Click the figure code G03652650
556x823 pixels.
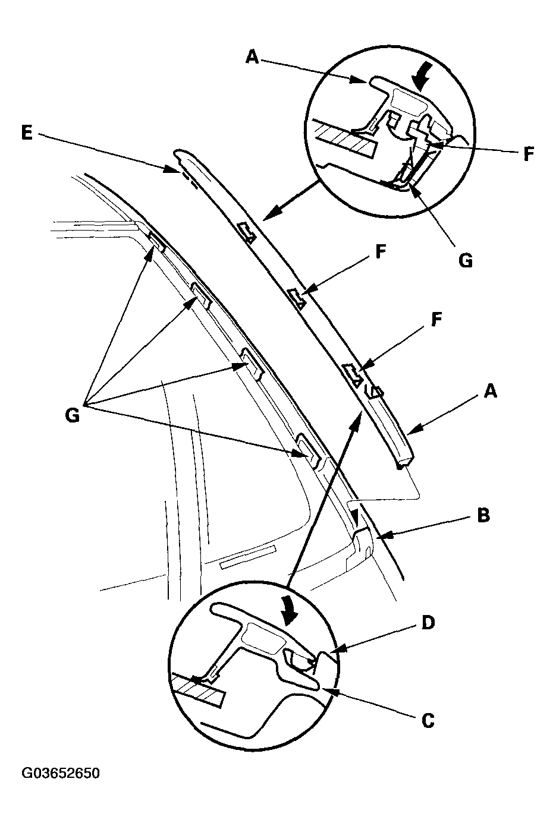click(x=61, y=773)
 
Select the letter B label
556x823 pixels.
click(x=483, y=515)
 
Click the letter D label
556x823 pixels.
click(x=428, y=623)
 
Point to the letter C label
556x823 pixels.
click(x=428, y=720)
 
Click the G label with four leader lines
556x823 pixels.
click(x=72, y=415)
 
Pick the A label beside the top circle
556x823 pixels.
click(x=252, y=57)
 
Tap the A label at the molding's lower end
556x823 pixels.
click(x=491, y=390)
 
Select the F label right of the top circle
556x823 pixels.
click(x=528, y=154)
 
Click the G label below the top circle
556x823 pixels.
click(x=466, y=260)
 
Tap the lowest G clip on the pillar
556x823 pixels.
click(x=309, y=447)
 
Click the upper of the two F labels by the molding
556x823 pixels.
click(x=380, y=252)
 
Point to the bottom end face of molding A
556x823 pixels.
click(x=403, y=461)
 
